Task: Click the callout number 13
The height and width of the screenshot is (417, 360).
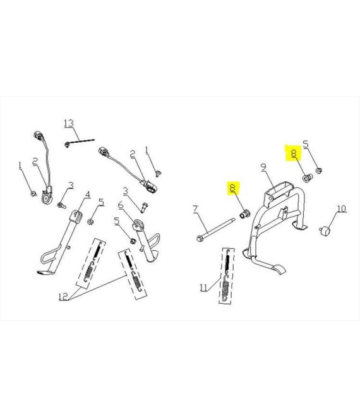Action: point(69,123)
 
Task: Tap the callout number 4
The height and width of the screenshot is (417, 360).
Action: point(88,195)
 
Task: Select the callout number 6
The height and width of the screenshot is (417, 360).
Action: point(121,205)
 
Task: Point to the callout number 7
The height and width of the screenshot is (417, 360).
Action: point(195,208)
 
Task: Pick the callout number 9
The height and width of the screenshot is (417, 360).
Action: point(263,167)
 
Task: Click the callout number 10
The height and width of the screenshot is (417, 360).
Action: point(342,208)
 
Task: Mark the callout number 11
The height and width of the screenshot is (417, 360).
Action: point(203,287)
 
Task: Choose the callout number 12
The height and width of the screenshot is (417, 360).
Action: point(63,296)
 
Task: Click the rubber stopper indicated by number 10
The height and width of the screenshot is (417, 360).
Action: point(325,231)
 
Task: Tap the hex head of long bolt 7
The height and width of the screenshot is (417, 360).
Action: point(199,238)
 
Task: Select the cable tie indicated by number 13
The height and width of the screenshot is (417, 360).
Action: point(79,142)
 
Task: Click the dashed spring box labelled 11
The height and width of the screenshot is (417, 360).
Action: point(227,276)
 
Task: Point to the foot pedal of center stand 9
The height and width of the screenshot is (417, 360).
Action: point(277,269)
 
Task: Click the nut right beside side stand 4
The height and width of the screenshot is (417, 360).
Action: point(90,221)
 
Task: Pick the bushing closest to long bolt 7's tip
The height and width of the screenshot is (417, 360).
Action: point(245,214)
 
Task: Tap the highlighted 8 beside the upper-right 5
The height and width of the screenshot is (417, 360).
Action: point(293,154)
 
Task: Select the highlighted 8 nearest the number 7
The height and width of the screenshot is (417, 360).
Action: point(233,188)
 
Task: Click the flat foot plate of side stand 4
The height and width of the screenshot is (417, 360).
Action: point(45,272)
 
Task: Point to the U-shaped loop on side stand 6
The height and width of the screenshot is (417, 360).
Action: point(154,242)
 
